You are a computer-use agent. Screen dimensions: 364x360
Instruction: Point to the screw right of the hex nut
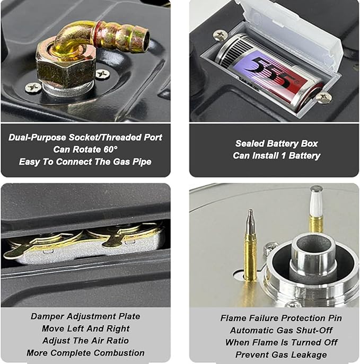(103, 74)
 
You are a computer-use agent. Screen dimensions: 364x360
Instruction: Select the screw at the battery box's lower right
(323, 97)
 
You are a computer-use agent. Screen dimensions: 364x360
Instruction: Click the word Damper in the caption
(48, 316)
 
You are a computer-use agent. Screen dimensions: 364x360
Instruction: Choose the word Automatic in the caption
(245, 330)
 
